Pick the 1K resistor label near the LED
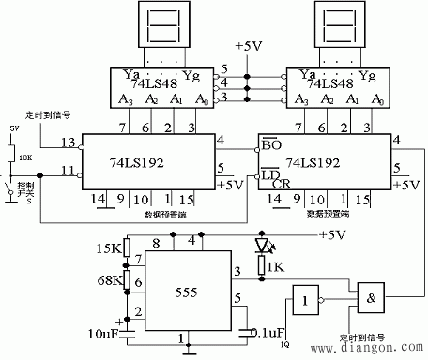pyautogui.click(x=274, y=268)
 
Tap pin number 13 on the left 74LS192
pyautogui.click(x=67, y=142)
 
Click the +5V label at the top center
pyautogui.click(x=252, y=46)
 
